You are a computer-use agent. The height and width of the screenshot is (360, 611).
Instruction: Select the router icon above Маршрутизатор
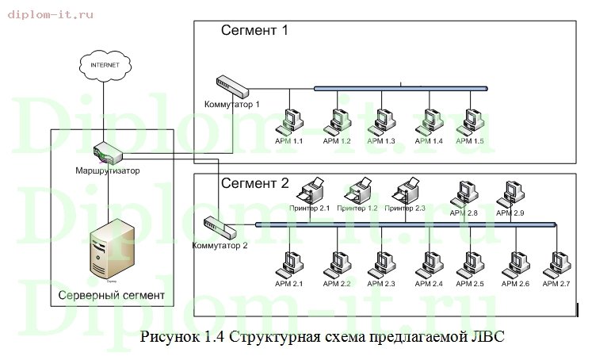click(x=106, y=151)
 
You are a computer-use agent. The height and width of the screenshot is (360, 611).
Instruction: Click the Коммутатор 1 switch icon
click(x=233, y=86)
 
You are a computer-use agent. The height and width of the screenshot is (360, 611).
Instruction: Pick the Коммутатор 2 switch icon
click(x=220, y=227)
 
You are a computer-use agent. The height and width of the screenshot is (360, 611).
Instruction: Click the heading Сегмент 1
click(x=254, y=32)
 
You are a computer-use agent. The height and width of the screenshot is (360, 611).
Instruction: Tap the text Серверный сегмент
click(x=112, y=296)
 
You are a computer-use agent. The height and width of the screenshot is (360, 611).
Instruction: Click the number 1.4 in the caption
click(x=214, y=336)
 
